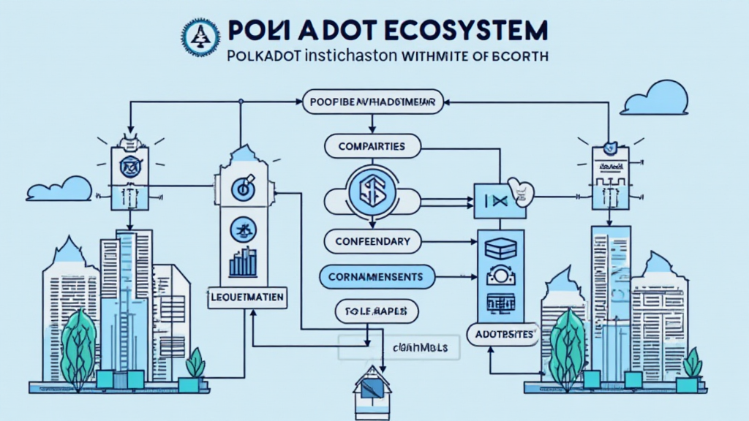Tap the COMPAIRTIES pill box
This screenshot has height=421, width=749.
[372, 146]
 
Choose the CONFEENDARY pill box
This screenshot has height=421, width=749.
[372, 240]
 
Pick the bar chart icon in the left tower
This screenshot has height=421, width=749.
[244, 262]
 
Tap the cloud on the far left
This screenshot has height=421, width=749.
[58, 189]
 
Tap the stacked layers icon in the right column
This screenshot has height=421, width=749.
[500, 246]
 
